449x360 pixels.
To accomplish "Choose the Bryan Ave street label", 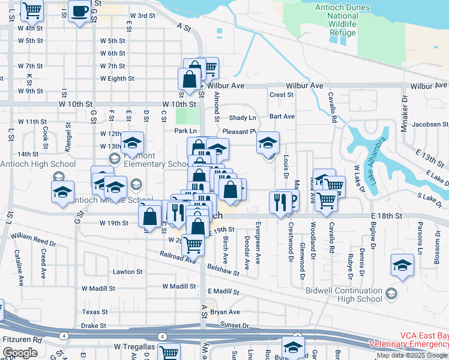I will click(225, 312).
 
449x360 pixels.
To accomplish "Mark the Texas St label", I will click(95, 312).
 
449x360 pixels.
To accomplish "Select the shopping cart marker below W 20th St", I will click(192, 244).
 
